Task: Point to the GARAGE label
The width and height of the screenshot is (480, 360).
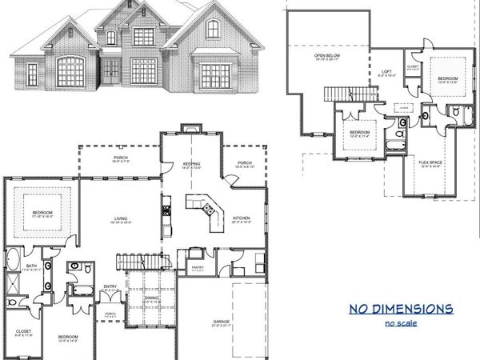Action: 222,322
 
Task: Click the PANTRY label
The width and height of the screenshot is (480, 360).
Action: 198,268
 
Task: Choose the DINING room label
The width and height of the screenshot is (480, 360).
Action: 150,298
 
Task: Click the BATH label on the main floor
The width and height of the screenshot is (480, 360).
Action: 31,267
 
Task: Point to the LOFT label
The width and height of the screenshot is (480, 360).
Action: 385,72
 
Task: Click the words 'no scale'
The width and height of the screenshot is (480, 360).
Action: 401,323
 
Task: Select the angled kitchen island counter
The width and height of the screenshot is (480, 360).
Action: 206,208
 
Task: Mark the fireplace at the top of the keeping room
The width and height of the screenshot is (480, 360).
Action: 189,127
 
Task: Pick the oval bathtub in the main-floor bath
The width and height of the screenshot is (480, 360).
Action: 14,260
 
